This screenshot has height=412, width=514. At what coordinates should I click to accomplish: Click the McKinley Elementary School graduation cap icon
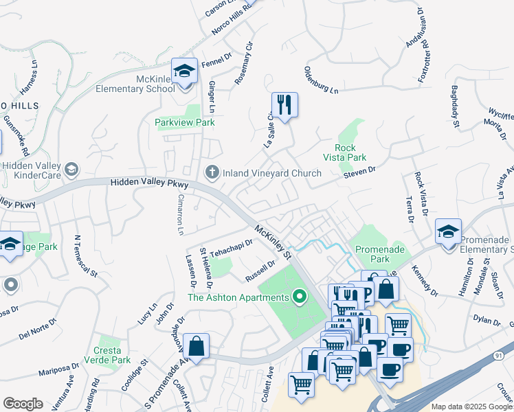pyautogui.click(x=184, y=71)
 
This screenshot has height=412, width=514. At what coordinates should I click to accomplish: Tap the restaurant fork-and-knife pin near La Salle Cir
pyautogui.click(x=284, y=105)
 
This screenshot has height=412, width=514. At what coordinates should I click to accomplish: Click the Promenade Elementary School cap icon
pyautogui.click(x=448, y=232)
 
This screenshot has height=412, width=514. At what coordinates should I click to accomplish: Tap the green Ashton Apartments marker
pyautogui.click(x=299, y=297)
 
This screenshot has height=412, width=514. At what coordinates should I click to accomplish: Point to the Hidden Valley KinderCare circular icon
pyautogui.click(x=71, y=170)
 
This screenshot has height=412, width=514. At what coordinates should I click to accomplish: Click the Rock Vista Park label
pyautogui.click(x=350, y=152)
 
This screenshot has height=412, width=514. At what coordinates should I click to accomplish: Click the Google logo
pyautogui.click(x=22, y=403)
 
